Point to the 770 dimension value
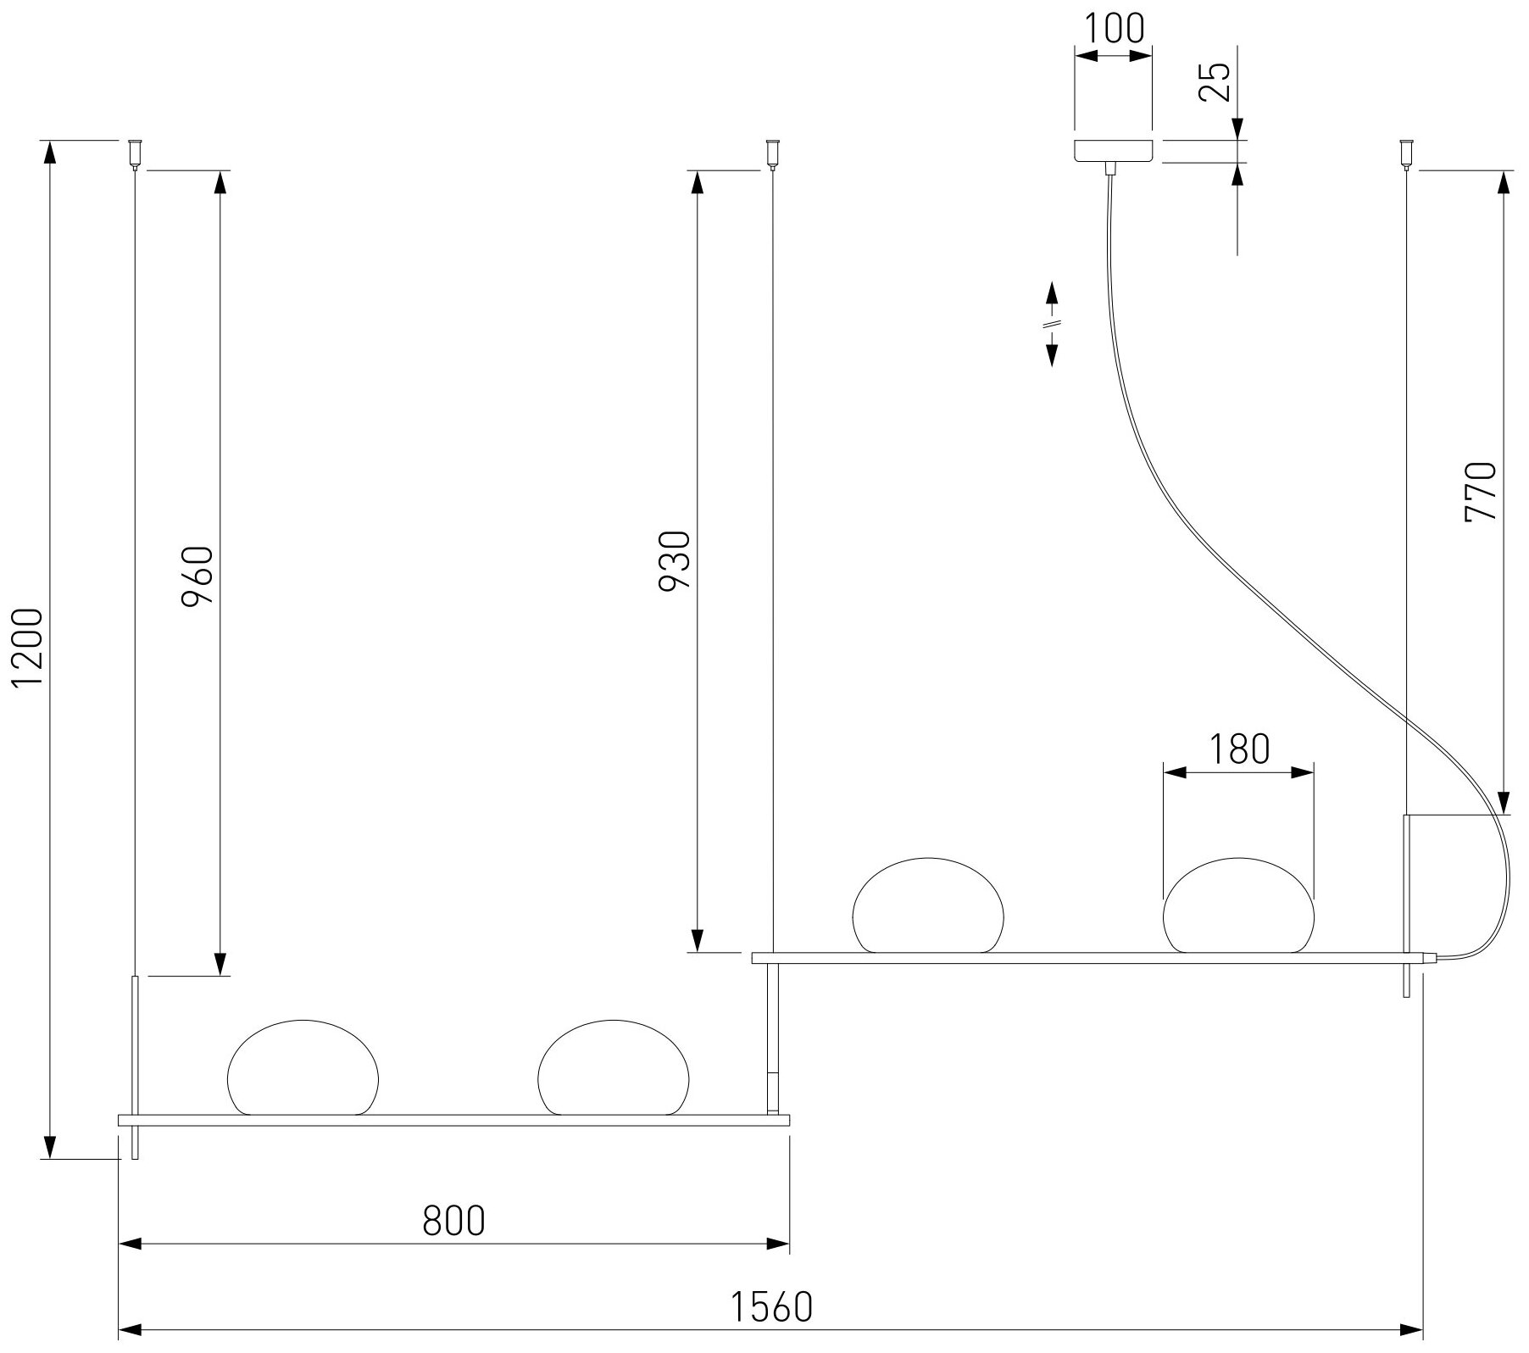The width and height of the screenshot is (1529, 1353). tap(1482, 492)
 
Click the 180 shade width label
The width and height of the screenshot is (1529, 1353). tap(1238, 749)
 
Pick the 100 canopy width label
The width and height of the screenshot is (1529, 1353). tap(1114, 28)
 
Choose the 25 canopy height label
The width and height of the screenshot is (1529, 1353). tap(1216, 82)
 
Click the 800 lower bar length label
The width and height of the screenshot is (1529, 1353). tap(453, 1221)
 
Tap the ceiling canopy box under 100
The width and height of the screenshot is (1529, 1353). tap(1113, 150)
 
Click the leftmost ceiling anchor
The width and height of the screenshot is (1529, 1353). tap(134, 153)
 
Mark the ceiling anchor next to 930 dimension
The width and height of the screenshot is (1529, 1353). tap(772, 153)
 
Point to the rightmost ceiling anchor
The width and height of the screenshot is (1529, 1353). tap(1407, 153)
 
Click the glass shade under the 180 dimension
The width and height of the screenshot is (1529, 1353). tap(1238, 905)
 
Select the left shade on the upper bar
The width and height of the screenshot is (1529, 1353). tap(927, 905)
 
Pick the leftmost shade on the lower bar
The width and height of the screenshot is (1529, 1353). tap(303, 1067)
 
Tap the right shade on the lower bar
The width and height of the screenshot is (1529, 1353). tap(614, 1067)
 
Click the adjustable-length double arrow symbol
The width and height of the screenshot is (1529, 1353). tap(1051, 324)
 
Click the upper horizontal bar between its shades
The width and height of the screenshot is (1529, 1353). tap(1083, 958)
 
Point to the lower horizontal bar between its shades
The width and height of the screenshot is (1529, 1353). tap(458, 1121)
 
